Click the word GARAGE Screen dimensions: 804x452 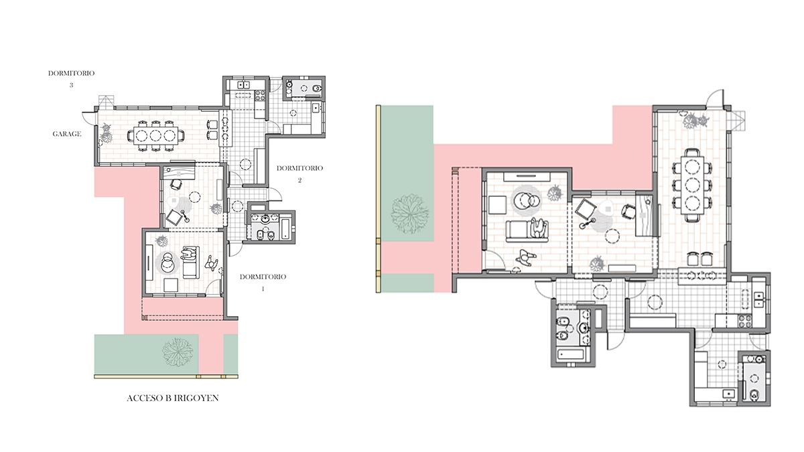(x=67, y=134)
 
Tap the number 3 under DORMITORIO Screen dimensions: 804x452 (x=71, y=85)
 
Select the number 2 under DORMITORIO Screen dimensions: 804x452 (x=299, y=180)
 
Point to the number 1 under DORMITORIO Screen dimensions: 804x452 (x=263, y=289)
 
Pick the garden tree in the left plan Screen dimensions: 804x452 (x=177, y=353)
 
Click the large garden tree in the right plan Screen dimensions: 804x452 (x=409, y=214)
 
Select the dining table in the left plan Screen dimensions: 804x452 (x=155, y=135)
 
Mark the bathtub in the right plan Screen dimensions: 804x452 (x=572, y=355)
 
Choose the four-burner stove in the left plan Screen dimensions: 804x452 (x=259, y=95)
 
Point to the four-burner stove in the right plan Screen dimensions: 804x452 (x=745, y=320)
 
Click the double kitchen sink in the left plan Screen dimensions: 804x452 (x=244, y=85)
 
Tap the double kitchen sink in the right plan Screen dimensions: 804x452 (x=758, y=300)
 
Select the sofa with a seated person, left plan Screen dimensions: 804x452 (x=190, y=262)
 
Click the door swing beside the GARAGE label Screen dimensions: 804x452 (x=88, y=117)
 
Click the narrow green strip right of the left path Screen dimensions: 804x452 (x=230, y=354)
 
